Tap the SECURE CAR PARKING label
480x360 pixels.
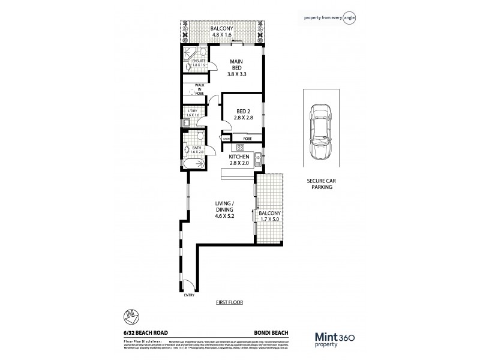tap(320, 183)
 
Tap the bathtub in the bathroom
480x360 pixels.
tap(193, 163)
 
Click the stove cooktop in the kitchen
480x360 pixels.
tap(240, 147)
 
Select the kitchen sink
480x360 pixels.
tap(256, 159)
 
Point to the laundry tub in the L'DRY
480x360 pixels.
tap(186, 124)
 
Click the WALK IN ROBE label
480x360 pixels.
tap(196, 90)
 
